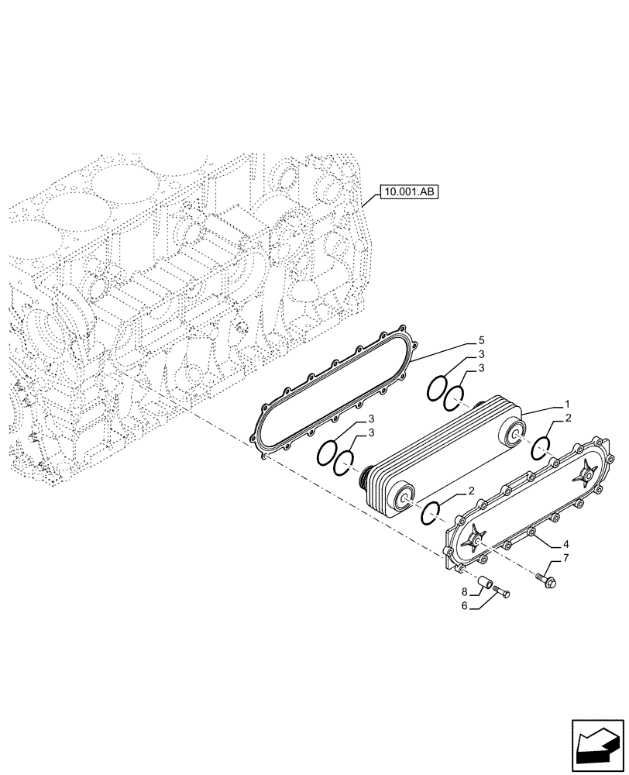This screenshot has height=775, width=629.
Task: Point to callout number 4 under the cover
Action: coord(566,543)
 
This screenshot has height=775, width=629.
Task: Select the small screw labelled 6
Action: coord(502,594)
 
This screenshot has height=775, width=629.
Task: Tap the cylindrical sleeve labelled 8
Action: coord(486,580)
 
